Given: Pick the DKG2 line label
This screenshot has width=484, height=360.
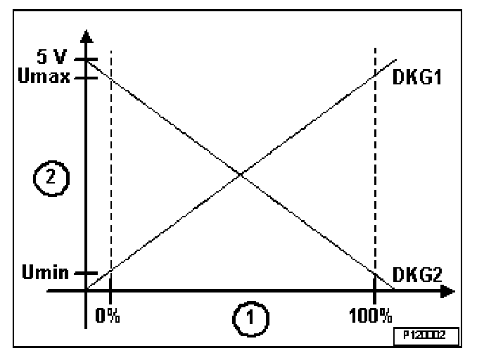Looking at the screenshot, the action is point(414,274).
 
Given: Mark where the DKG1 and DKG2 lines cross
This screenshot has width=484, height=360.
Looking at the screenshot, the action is point(241,174).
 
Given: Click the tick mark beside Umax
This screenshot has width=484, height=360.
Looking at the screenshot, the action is point(86,77).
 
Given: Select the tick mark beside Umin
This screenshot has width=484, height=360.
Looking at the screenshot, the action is point(86,273).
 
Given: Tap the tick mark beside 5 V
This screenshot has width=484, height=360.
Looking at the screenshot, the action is point(86,61).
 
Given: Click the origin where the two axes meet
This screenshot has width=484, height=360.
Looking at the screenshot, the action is point(86,290).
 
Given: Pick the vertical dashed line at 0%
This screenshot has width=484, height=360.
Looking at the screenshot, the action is point(111,176).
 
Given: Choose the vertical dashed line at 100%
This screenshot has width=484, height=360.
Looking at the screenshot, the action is point(375,176).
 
